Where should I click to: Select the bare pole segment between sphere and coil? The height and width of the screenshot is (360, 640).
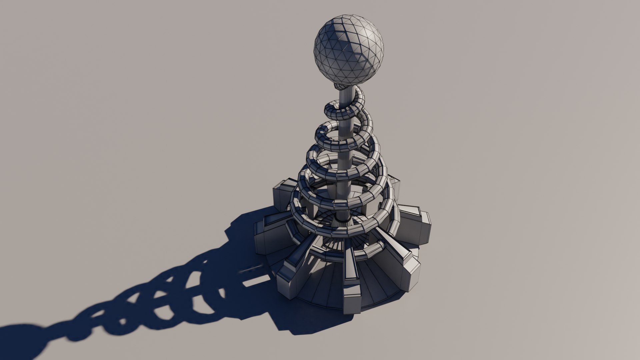(x=347, y=95)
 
